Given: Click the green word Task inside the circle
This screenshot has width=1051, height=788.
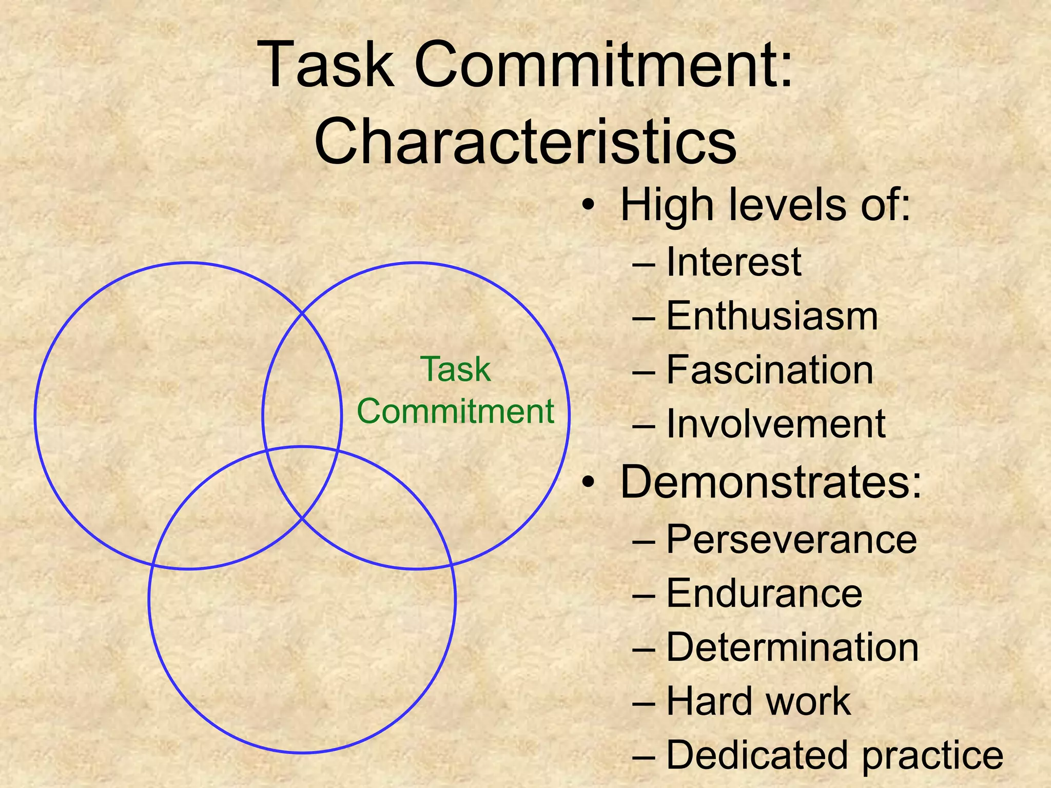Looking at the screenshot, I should [456, 369].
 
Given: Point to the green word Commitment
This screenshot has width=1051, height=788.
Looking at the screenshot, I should [456, 411].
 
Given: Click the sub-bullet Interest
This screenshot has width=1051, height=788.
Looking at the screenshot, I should [733, 262].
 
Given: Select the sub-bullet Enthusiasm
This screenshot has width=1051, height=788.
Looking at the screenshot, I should [772, 316].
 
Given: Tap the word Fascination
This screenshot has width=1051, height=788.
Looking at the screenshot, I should [770, 370].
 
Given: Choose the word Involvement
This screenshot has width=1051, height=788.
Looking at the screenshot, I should [775, 424].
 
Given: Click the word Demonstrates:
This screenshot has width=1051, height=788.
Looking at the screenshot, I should [771, 482].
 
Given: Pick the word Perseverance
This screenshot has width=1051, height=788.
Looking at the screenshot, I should [791, 539].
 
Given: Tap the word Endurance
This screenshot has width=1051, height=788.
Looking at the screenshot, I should [764, 594].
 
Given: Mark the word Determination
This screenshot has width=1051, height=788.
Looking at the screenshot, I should [792, 647].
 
